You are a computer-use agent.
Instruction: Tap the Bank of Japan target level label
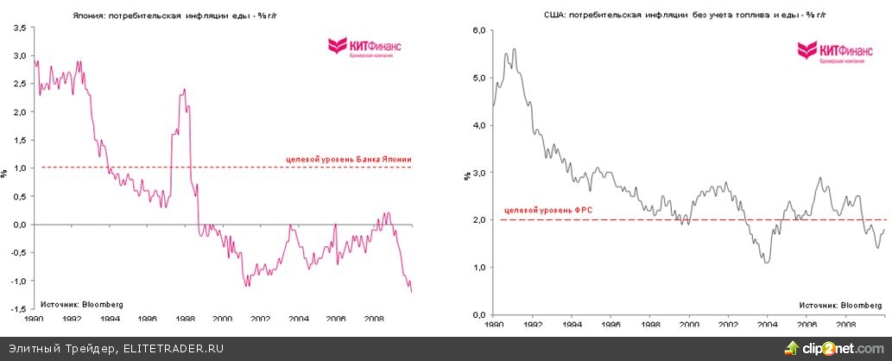[348, 159]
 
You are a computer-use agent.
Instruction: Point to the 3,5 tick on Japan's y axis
[19, 28]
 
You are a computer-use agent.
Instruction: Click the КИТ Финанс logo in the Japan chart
[363, 49]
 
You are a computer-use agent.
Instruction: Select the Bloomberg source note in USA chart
[838, 305]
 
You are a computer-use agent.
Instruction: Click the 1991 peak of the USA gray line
[515, 49]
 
